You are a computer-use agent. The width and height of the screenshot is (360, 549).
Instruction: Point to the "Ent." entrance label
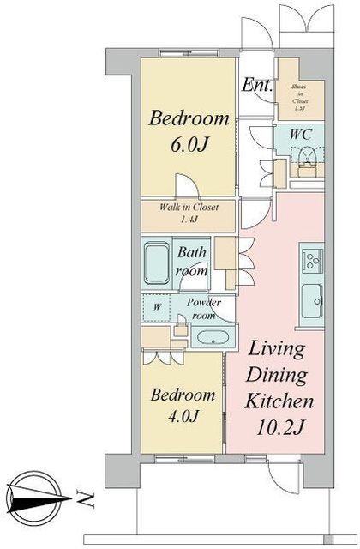[x=256, y=86]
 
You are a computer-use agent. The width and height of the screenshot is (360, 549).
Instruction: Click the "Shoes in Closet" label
[x=301, y=95]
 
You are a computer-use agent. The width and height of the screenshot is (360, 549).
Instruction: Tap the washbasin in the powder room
[x=208, y=338]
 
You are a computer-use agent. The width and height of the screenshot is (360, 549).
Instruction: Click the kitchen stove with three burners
[x=310, y=258]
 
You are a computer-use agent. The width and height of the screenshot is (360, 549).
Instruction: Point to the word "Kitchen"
[x=280, y=400]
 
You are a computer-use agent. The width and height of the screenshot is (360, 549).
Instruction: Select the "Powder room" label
[x=203, y=309]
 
